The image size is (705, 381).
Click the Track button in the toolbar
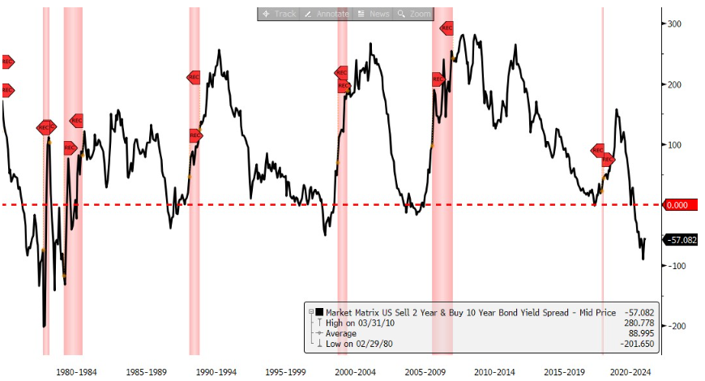tap(280, 14)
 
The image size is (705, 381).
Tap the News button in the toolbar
tap(374, 14)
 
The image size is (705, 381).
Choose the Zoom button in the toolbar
tap(415, 14)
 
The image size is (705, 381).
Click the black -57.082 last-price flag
tap(680, 240)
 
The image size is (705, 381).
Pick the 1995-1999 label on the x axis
tap(287, 371)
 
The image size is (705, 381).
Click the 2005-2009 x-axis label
tap(426, 371)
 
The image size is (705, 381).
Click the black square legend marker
tap(320, 312)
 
